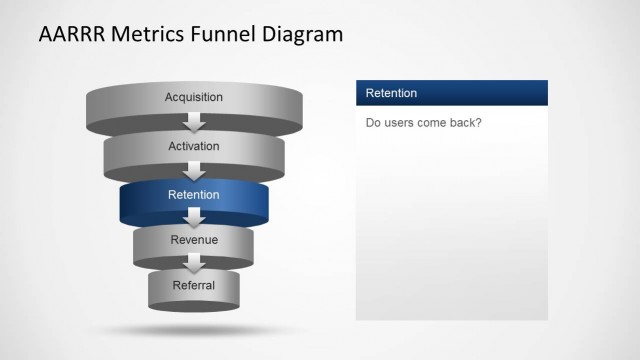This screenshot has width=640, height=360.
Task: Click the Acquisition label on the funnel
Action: [x=194, y=97]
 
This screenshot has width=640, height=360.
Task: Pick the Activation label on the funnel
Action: [x=194, y=146]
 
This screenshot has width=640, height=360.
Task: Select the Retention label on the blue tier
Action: [x=194, y=194]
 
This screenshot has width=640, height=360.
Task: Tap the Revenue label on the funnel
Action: [x=194, y=240]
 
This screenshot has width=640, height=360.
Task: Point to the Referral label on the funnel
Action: [x=194, y=285]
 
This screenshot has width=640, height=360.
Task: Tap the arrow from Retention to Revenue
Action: [x=195, y=218]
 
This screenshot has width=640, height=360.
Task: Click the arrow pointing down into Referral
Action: [x=195, y=264]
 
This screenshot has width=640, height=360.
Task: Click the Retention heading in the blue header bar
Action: [x=392, y=93]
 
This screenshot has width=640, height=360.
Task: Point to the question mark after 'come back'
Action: [x=480, y=123]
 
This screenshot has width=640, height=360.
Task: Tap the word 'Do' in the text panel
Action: [x=373, y=123]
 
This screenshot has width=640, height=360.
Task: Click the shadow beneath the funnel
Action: [x=194, y=329]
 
